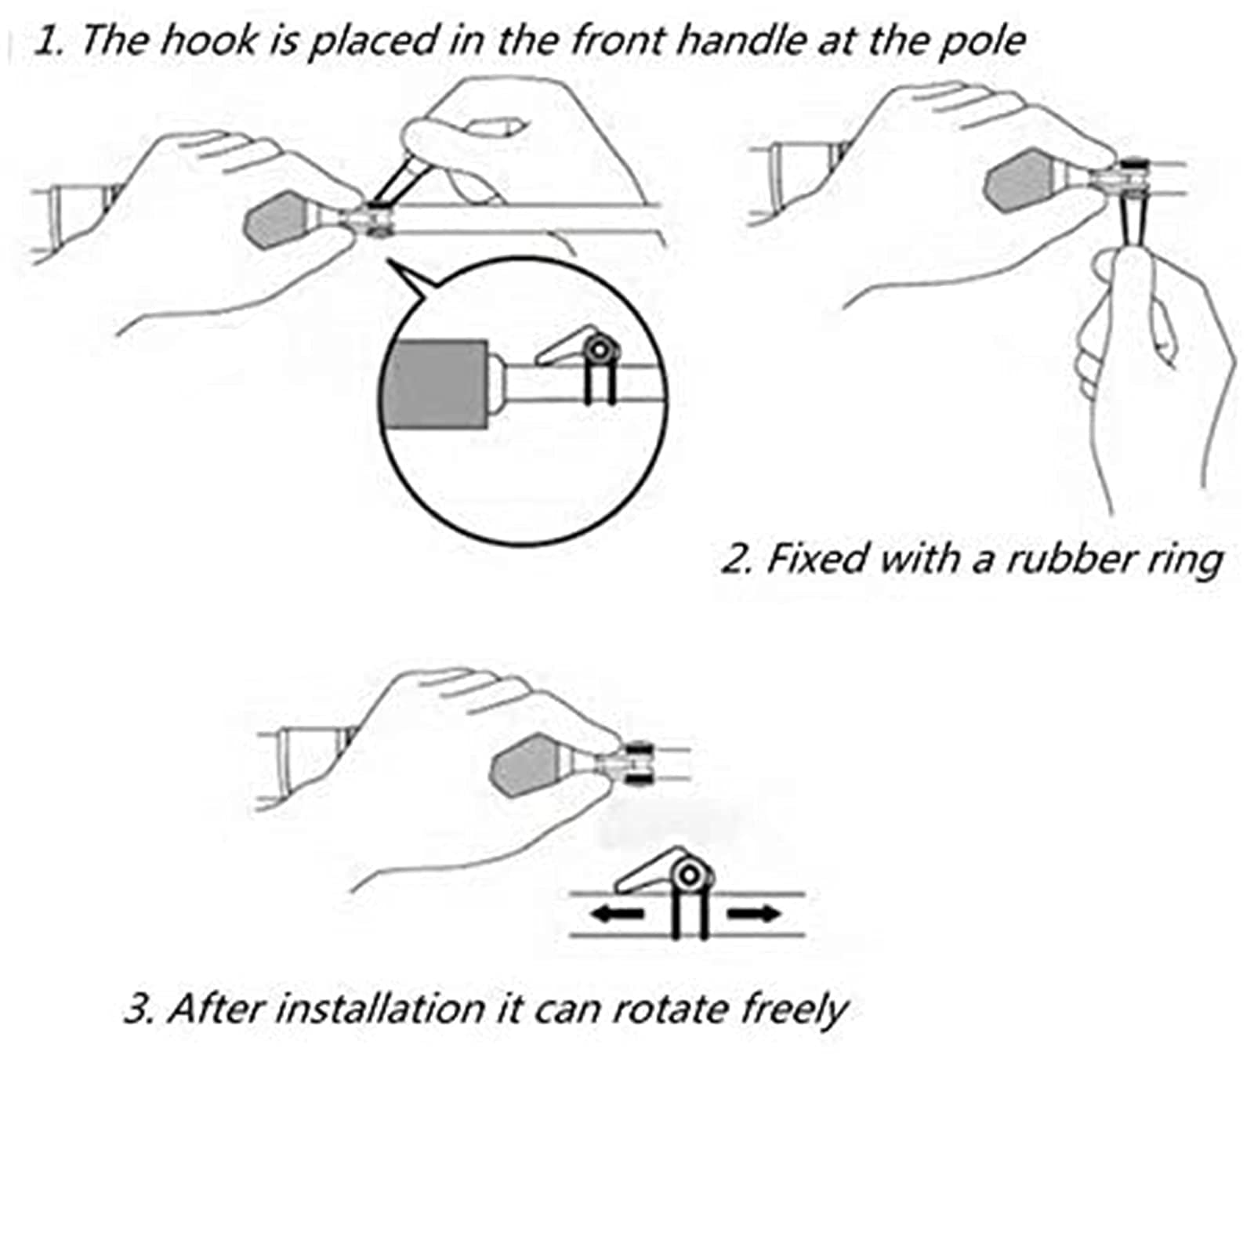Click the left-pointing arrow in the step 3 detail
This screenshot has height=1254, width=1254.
617,914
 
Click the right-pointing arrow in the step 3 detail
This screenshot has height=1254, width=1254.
755,914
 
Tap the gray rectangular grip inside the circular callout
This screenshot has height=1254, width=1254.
437,384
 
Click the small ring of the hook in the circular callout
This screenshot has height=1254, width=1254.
601,348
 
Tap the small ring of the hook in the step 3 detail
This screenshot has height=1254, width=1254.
690,874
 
